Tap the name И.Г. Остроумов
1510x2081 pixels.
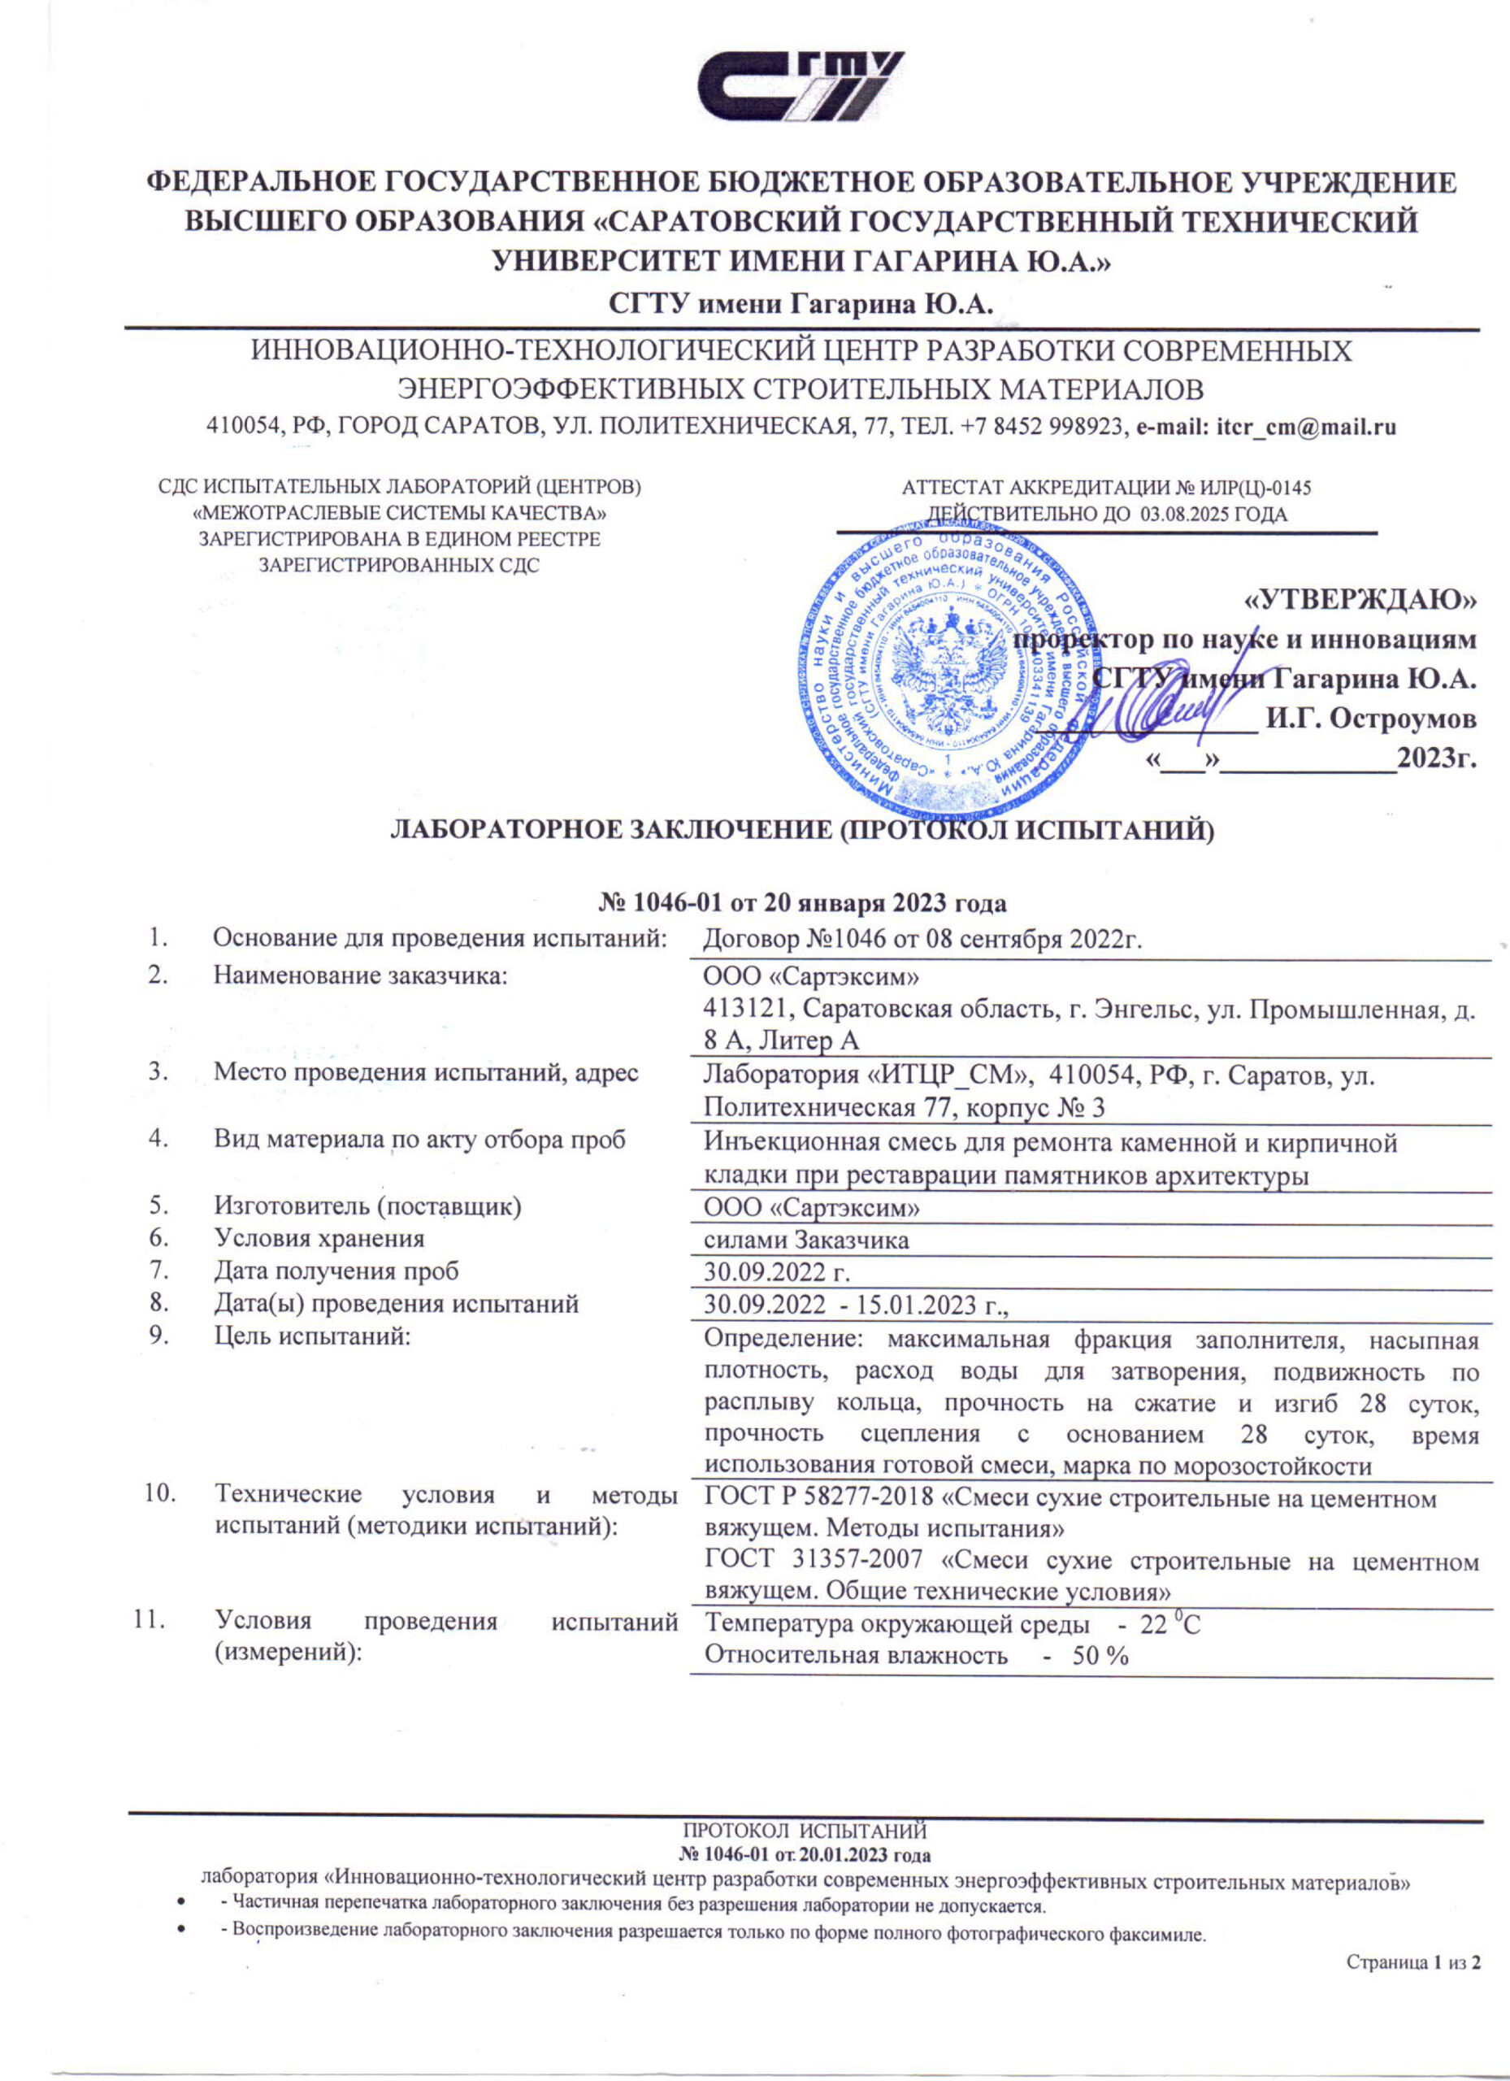point(1370,719)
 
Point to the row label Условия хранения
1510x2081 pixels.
point(319,1239)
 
